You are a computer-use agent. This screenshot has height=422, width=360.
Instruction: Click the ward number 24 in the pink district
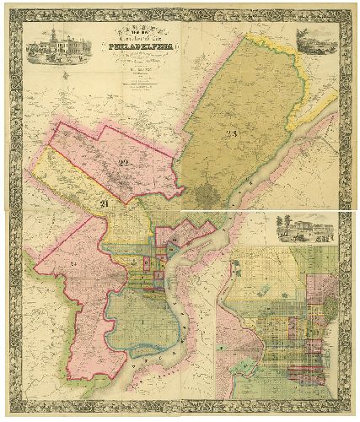click(53, 263)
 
